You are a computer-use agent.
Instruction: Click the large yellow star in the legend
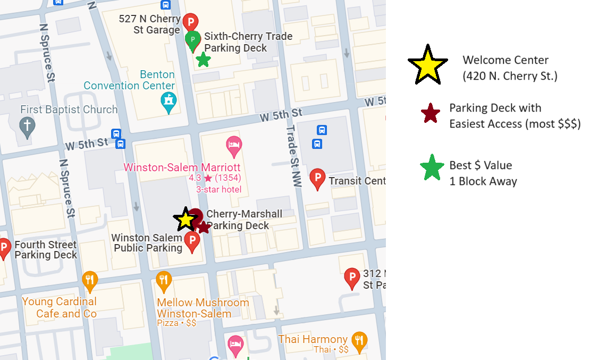427,65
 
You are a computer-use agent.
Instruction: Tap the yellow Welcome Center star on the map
186,219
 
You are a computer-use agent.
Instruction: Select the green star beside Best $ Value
432,168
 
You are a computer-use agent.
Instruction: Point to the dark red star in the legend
430,114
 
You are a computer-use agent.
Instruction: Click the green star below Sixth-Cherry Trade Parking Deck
203,60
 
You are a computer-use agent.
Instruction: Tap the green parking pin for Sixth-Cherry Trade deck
192,40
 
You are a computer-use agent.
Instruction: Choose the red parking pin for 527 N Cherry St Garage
190,22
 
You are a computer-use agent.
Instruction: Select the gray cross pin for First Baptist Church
26,127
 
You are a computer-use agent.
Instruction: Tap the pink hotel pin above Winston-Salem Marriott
234,144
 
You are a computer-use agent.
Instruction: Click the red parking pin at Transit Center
317,178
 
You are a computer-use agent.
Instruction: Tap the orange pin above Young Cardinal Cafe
90,280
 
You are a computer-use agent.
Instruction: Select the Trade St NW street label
293,156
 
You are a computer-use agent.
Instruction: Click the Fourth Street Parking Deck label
46,250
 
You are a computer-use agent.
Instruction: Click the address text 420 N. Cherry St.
510,76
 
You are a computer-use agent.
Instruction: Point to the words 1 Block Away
483,181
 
